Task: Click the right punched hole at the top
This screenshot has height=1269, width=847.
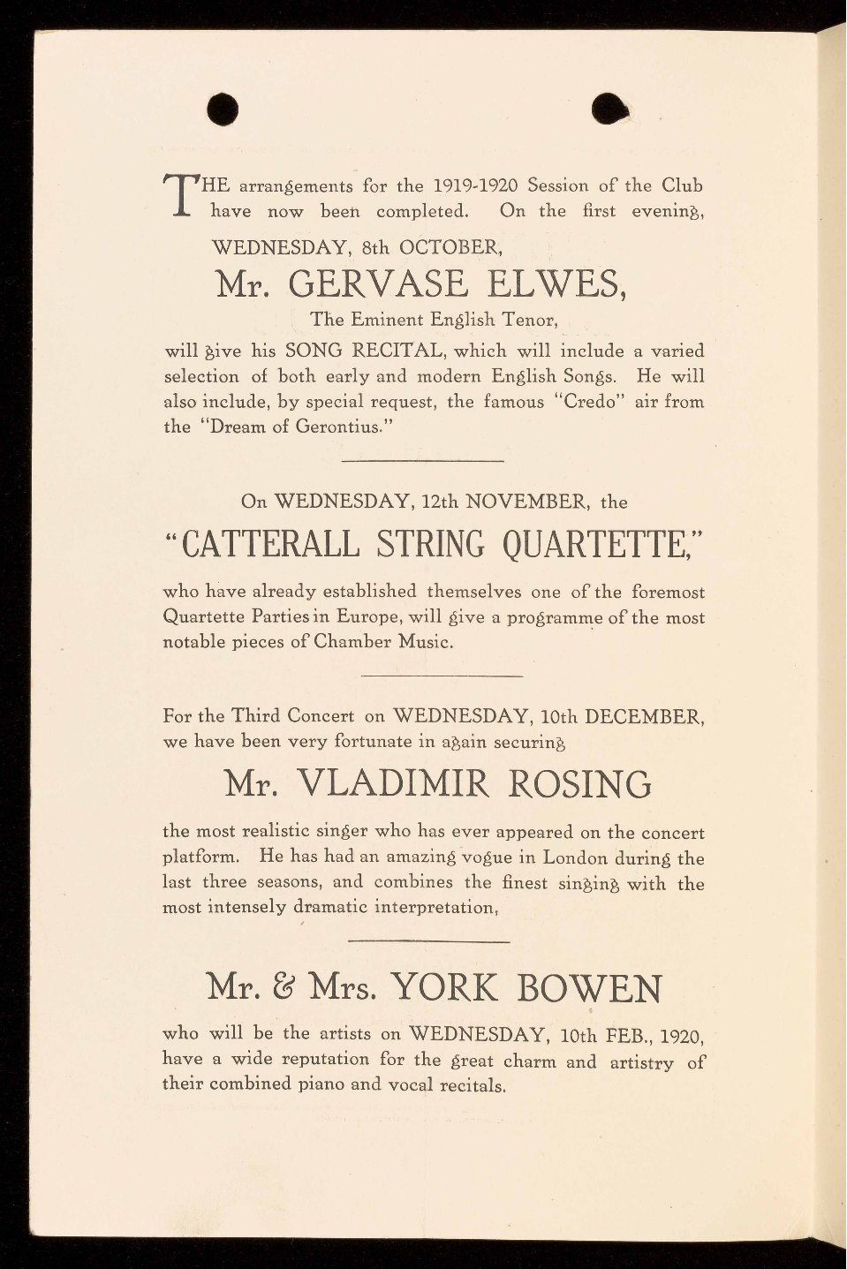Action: coord(609,109)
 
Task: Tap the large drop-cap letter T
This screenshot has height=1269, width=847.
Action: coord(180,196)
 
